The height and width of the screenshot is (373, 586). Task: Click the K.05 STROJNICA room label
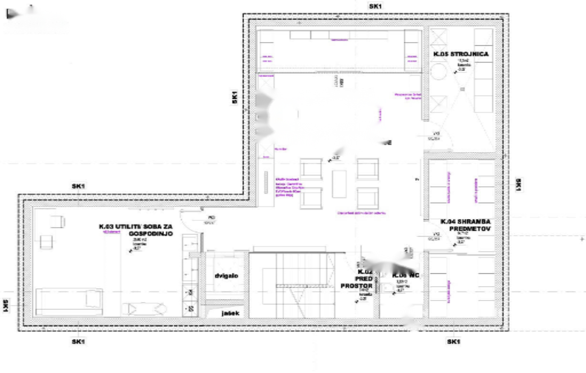(461, 54)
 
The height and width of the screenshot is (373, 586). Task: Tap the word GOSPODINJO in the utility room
(151, 234)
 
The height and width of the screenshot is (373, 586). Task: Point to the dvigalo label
(226, 276)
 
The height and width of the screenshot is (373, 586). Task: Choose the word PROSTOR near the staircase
(356, 286)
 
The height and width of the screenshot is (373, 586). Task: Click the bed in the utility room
(69, 300)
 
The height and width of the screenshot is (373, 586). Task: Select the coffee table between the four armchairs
(339, 184)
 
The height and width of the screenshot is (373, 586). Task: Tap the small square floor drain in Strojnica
(462, 89)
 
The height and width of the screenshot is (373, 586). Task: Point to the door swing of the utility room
(192, 221)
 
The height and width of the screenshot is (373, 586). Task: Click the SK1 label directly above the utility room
(78, 186)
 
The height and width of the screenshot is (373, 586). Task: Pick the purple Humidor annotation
(280, 149)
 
